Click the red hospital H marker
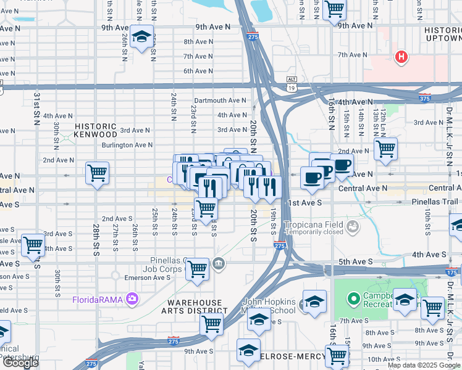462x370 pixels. (x=401, y=58)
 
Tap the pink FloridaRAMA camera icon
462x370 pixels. (x=131, y=300)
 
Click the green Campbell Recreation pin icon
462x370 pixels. (x=353, y=299)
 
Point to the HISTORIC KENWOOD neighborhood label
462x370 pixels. (x=95, y=129)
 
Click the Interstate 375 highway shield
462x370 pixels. (x=424, y=98)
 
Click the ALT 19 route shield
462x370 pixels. (x=292, y=83)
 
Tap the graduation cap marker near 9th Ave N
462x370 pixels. (x=141, y=38)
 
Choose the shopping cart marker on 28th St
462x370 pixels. (x=98, y=174)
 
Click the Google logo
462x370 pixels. (x=20, y=363)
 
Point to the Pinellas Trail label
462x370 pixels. (x=435, y=202)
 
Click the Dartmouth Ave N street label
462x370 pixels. (x=220, y=101)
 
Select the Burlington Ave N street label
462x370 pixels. (x=127, y=145)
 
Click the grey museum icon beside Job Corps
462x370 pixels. (x=219, y=265)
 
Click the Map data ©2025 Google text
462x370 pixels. (x=423, y=365)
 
